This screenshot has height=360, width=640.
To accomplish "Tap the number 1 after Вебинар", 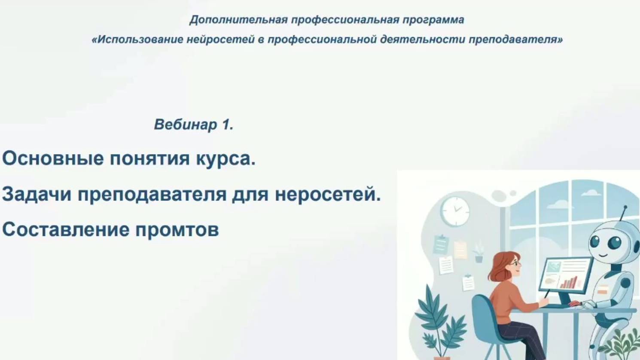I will tap(226, 125).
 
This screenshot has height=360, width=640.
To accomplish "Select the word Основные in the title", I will tap(53, 159).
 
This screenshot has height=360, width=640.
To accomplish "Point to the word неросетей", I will tap(328, 195).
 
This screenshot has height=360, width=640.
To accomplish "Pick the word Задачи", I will tap(37, 195).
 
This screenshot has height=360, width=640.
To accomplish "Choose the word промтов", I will tap(177, 230).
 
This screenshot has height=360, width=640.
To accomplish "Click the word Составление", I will tap(65, 230).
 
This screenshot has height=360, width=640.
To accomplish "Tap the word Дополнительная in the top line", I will tap(238, 20).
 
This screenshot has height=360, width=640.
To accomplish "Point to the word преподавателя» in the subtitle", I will tap(515, 40).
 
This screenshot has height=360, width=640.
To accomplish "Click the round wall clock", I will tap(455, 211).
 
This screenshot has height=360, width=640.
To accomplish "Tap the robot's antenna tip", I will tap(625, 207).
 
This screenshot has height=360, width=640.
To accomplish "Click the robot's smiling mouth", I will tap(603, 255).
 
